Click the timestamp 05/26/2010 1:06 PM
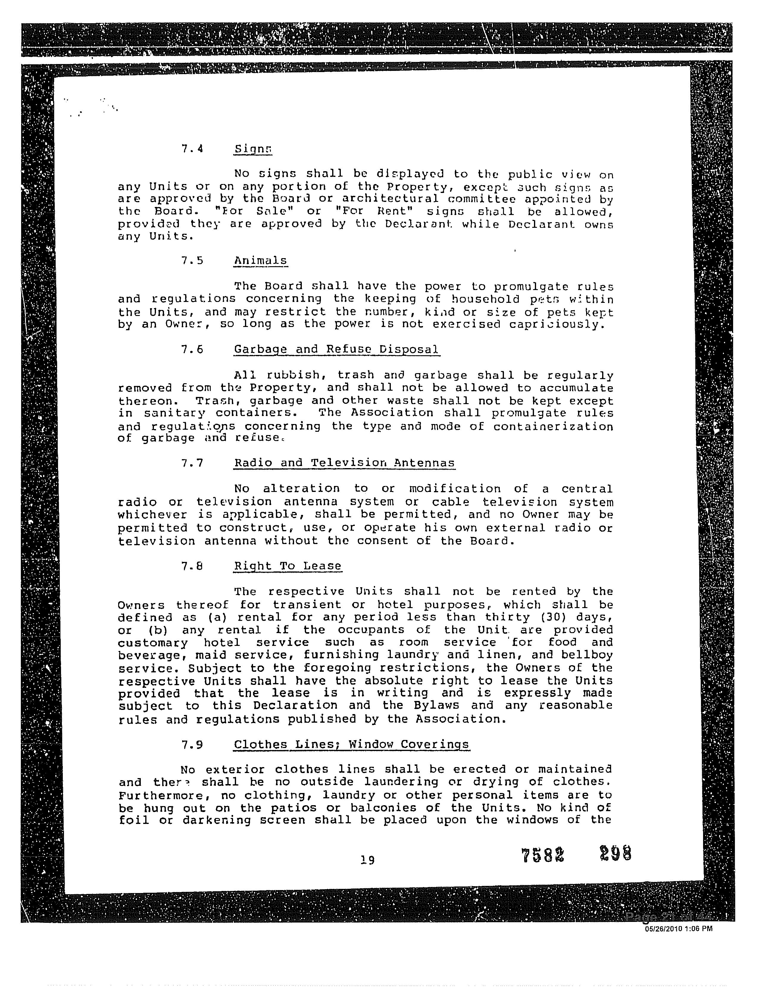coord(679,928)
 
